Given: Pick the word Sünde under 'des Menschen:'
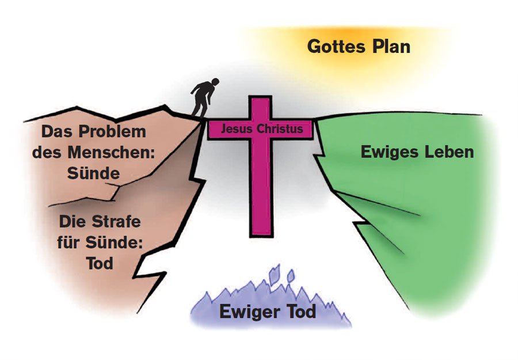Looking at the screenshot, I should pos(93,173).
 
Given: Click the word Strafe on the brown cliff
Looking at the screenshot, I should pos(115,221).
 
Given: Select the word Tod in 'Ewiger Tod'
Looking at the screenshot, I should pos(299,313).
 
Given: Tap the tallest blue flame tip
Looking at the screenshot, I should pos(277,268).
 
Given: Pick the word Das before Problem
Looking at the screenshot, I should pos(56,132).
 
